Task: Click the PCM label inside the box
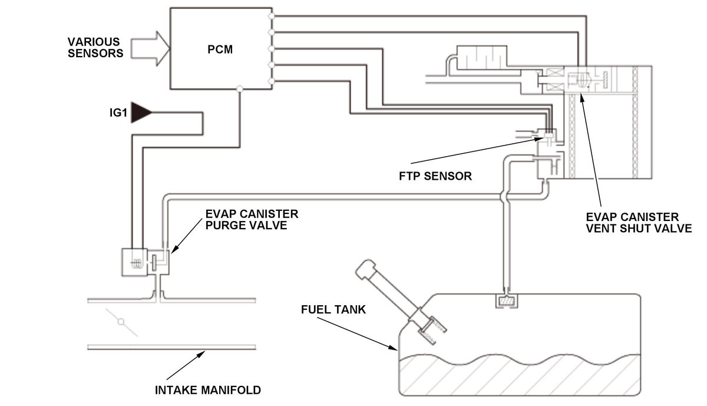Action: pos(220,49)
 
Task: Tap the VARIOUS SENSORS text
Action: pos(95,47)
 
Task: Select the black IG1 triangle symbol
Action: pos(141,113)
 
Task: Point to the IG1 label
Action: pos(118,113)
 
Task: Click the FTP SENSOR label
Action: pos(435,176)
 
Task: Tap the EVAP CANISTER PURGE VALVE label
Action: pos(252,220)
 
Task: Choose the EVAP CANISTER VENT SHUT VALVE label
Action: pos(639,223)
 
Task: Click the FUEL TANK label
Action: pos(333,309)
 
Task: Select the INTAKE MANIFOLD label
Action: pos(207,390)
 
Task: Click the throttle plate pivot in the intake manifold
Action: pos(121,322)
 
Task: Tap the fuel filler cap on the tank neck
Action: pos(365,269)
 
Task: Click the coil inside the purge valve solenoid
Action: pos(137,263)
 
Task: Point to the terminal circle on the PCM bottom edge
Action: pos(240,89)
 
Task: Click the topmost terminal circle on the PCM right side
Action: pos(272,16)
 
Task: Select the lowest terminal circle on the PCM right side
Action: pos(272,81)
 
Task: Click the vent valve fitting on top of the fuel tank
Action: pos(506,301)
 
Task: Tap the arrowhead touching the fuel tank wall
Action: pos(394,348)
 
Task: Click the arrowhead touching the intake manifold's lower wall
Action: pos(201,354)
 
